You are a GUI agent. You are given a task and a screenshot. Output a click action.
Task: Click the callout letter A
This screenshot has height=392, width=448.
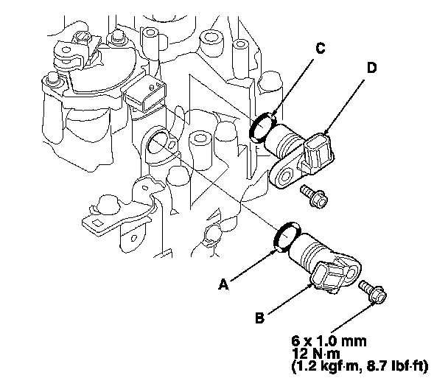click(223, 284)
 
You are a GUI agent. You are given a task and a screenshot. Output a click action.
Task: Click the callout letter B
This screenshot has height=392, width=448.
click(259, 318)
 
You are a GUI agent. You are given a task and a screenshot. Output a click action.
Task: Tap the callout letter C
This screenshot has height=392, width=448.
click(321, 48)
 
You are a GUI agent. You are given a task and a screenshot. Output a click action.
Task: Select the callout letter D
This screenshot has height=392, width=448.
click(371, 68)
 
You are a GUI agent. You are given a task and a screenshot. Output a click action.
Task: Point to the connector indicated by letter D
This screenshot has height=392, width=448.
click(318, 152)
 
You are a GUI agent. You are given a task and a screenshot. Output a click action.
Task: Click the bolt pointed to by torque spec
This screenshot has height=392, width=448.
click(373, 292)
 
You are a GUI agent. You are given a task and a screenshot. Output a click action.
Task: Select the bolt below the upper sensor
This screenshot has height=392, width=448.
click(314, 195)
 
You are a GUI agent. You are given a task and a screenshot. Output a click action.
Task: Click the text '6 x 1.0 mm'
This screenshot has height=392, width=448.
click(329, 341)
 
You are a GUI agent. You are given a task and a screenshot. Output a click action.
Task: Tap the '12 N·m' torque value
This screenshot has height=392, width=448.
click(315, 354)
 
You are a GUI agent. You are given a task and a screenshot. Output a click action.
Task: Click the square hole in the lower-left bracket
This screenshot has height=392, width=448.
click(97, 223)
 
